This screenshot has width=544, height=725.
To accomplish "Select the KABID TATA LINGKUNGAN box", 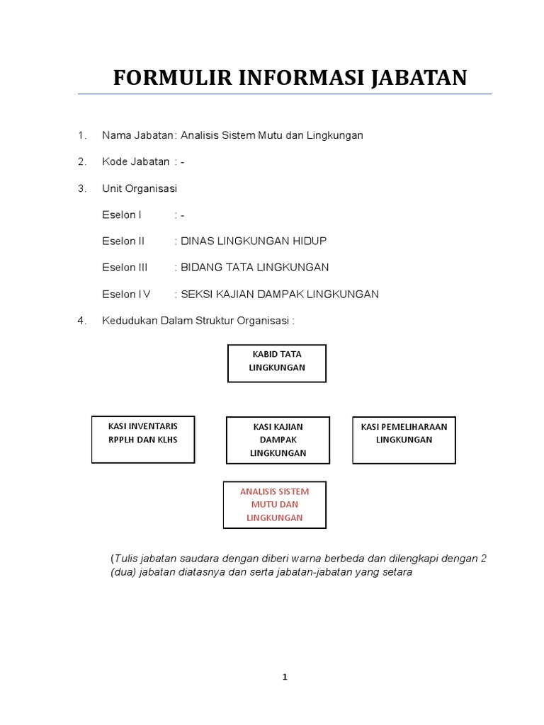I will (277, 363).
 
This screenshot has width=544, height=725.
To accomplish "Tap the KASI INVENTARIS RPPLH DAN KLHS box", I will (143, 440).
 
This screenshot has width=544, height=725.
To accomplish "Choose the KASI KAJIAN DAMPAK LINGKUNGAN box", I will (278, 440).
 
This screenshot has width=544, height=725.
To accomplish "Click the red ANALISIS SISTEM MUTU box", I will (275, 505).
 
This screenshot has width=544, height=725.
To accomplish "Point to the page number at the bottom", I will (285, 677).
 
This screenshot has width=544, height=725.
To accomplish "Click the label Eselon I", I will (122, 215).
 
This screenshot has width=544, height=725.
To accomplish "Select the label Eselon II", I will (123, 241).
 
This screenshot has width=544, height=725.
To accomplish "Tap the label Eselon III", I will (125, 268).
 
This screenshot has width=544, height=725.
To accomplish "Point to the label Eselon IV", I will (126, 295).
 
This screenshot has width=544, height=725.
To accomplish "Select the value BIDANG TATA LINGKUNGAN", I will (255, 268).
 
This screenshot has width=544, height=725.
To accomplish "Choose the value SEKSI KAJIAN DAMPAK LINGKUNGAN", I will (280, 295).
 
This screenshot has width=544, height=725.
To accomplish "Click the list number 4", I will (82, 321).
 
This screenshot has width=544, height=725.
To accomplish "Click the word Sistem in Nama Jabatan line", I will (242, 135).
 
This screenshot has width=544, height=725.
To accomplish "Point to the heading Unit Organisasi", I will (140, 188).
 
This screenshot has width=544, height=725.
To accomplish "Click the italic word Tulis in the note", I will (126, 558).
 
